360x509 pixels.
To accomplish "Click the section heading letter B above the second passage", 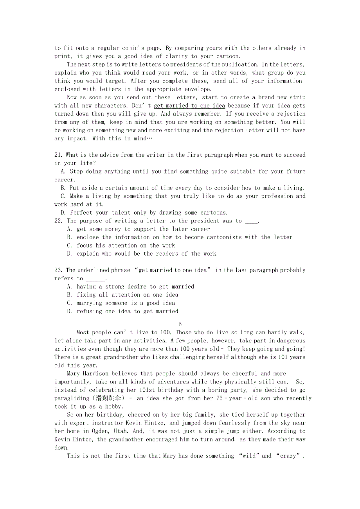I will (180, 324).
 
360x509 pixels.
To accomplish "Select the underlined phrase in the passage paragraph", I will (189, 106).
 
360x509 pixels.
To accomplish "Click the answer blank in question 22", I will (251, 221).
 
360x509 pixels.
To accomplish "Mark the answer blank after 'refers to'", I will (95, 279).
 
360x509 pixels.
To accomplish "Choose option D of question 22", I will (69, 254).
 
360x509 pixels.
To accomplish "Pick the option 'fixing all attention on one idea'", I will (127, 295).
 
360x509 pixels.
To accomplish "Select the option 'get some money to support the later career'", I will (143, 229).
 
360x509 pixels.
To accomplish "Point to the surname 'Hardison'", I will (98, 374).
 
